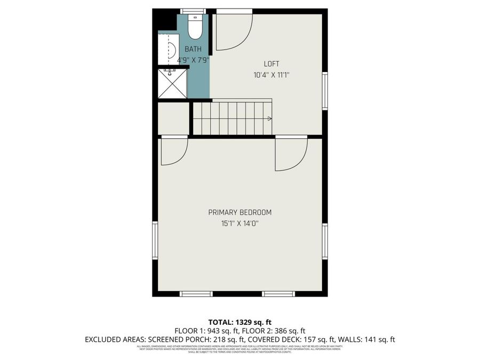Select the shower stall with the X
[172, 84]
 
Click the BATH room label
[193, 50]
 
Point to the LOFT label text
[271, 64]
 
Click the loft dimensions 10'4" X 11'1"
[271, 75]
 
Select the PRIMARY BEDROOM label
[239, 212]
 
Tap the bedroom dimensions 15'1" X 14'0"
[239, 223]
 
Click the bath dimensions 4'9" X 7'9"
[193, 60]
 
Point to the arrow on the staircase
[269, 118]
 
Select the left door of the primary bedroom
[174, 151]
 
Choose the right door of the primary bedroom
[291, 154]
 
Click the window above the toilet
[193, 11]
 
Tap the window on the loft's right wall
[325, 91]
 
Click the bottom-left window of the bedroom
[196, 293]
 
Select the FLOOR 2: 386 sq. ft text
[276, 331]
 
